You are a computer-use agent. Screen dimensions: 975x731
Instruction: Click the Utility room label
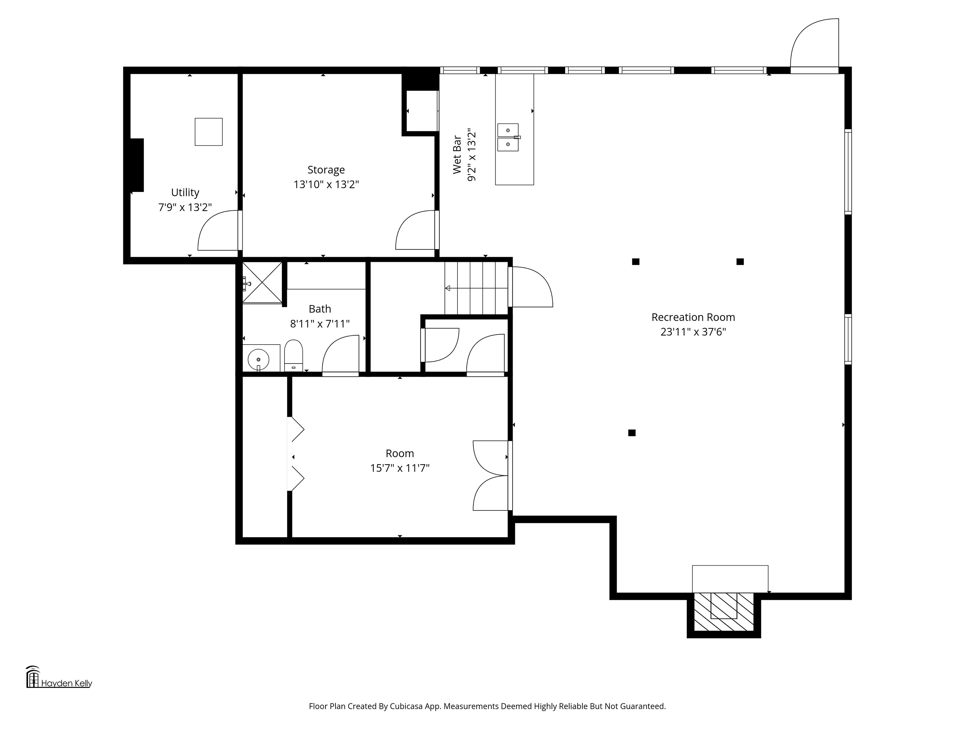tap(185, 193)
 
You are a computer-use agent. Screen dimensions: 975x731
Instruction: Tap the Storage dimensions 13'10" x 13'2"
tap(326, 184)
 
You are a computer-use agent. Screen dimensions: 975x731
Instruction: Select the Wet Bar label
tap(457, 155)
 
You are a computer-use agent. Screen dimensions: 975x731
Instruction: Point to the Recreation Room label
tap(693, 317)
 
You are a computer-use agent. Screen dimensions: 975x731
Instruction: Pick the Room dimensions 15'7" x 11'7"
tap(400, 468)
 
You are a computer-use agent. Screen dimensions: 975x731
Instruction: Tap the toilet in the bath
tap(294, 356)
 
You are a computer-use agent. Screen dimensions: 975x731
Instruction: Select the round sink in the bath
tap(258, 360)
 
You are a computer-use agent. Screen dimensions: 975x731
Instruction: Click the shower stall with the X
tap(262, 282)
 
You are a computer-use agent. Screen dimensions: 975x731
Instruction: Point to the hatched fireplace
tap(724, 612)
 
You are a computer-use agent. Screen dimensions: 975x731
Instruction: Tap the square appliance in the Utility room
tap(209, 132)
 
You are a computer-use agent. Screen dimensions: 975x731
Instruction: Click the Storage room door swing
tap(415, 230)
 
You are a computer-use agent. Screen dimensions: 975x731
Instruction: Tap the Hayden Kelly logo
tap(59, 677)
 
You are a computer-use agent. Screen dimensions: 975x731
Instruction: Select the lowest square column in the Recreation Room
tap(632, 433)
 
